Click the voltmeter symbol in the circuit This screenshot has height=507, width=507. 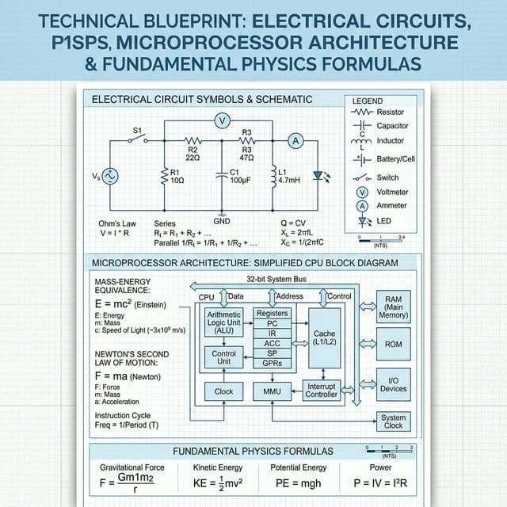tap(223, 120)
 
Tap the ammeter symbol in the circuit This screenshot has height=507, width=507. tap(296, 140)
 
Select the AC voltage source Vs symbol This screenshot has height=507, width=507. tap(109, 177)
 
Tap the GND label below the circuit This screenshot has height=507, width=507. tap(222, 220)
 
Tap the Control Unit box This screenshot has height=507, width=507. tap(224, 358)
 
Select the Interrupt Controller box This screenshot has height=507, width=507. tap(322, 390)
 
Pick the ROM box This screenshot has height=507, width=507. tap(393, 345)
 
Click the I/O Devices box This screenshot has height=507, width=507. tap(393, 383)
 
